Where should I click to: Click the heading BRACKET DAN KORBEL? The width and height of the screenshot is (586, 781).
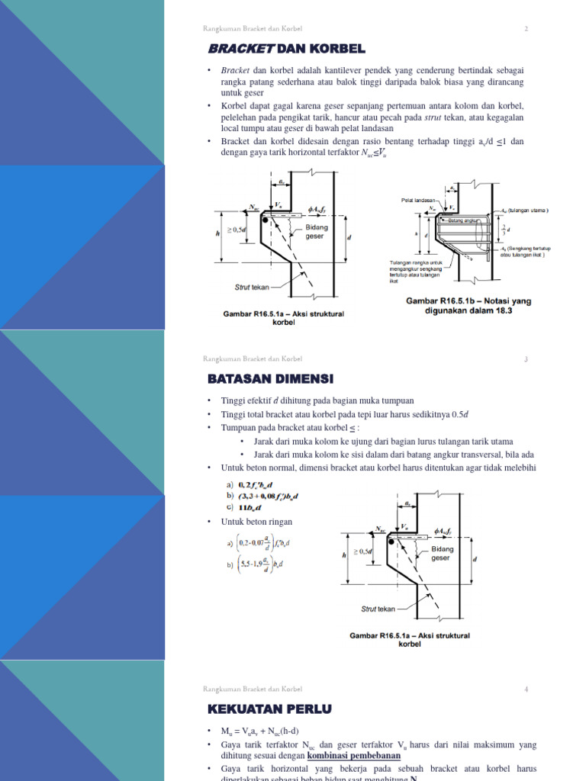[286, 49]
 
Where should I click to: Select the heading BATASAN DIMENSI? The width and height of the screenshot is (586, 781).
[271, 378]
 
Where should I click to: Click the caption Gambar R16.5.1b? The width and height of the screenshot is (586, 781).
[468, 306]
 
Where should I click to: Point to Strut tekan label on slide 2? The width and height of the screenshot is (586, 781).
[251, 288]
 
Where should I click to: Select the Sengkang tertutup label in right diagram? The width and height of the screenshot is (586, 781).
[526, 252]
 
